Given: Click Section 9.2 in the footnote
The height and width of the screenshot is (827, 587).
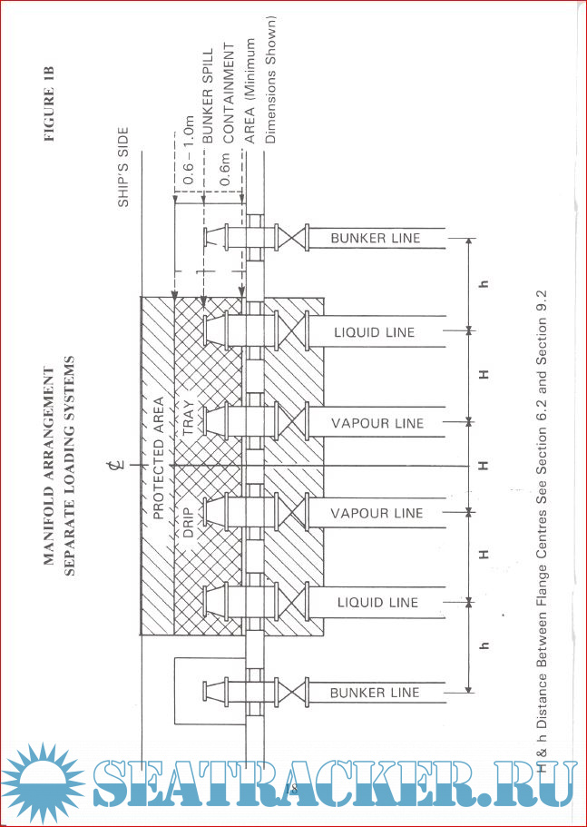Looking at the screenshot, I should (543, 325).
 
